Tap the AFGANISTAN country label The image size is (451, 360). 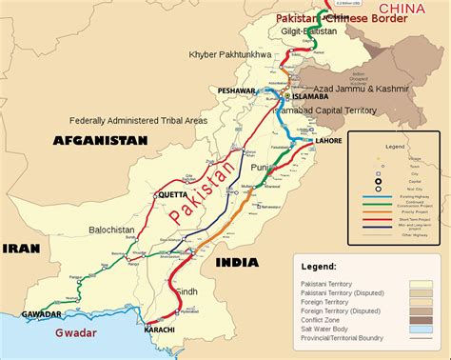tap(101, 140)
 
